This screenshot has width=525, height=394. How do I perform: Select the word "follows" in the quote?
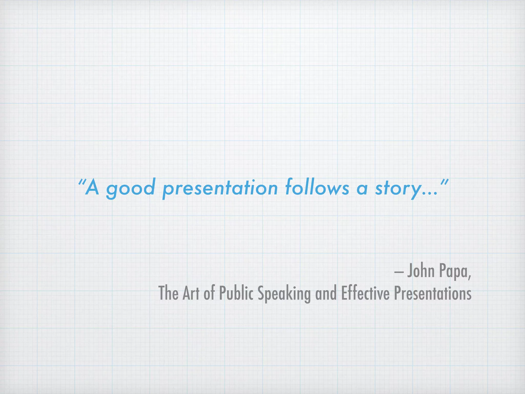click(317, 187)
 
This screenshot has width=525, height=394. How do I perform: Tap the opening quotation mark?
click(82, 183)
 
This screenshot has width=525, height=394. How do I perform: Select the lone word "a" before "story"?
click(362, 189)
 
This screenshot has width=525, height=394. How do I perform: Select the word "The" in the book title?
click(168, 293)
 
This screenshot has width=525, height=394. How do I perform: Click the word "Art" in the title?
click(191, 293)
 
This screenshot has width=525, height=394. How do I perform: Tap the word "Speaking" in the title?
click(284, 294)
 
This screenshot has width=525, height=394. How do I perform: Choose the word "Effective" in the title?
click(365, 293)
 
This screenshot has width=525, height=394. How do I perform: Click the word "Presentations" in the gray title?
click(432, 293)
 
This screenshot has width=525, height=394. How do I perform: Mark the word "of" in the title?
click(209, 293)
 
